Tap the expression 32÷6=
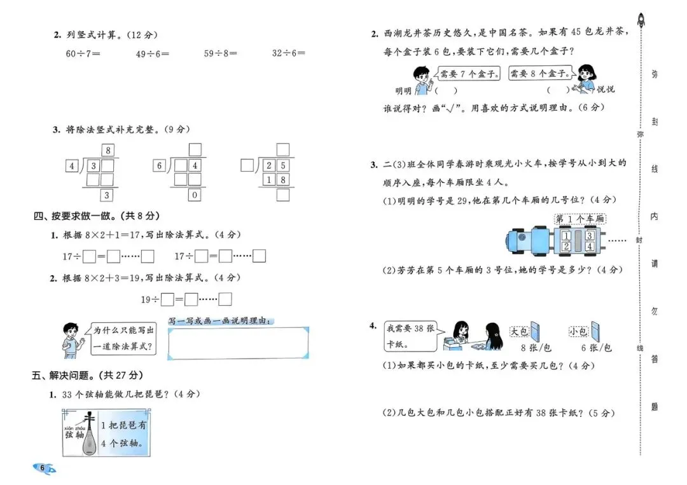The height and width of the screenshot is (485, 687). coord(289,54)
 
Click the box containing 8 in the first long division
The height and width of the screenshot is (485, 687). coord(109,151)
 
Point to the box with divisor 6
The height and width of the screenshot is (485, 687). coord(159,166)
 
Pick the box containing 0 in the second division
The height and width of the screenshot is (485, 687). coord(195,195)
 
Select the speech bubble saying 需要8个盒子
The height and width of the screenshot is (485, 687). coord(541,72)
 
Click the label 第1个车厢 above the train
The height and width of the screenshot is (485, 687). coord(579,219)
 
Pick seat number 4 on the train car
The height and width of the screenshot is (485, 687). coord(590,246)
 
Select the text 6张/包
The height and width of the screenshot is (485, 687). coord(597,348)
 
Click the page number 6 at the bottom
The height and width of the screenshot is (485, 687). coord(43,469)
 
